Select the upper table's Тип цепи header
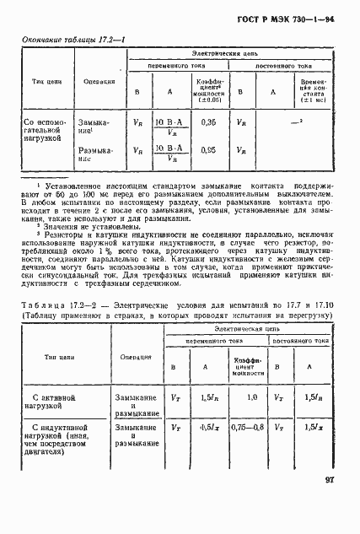(40, 81)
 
